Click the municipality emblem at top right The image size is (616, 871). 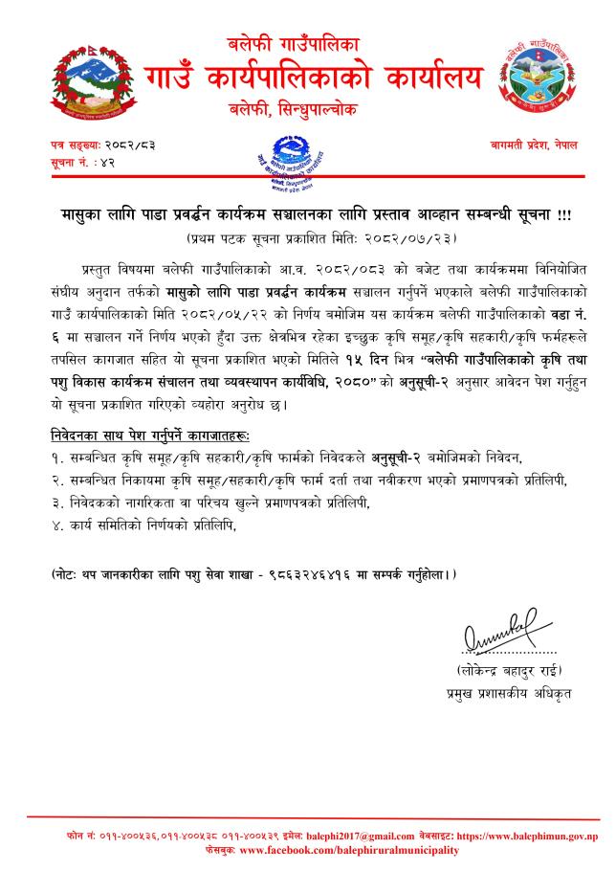click(533, 75)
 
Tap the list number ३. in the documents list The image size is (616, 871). click(58, 502)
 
